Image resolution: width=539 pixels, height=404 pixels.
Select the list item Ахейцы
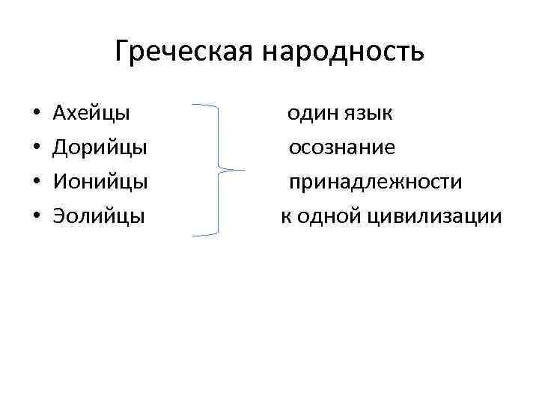pyautogui.click(x=91, y=114)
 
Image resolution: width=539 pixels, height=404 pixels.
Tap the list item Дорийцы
pyautogui.click(x=100, y=148)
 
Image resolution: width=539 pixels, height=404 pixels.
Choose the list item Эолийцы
pyautogui.click(x=99, y=217)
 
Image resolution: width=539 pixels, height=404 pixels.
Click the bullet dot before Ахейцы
pyautogui.click(x=37, y=114)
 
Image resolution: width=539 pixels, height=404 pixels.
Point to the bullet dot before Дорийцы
pyautogui.click(x=37, y=149)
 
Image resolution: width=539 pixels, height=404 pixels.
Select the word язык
pyautogui.click(x=369, y=114)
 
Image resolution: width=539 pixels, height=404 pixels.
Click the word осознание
pyautogui.click(x=343, y=148)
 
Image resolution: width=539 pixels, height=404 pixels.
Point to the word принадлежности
pyautogui.click(x=376, y=183)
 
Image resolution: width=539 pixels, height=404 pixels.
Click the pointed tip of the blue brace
pyautogui.click(x=243, y=170)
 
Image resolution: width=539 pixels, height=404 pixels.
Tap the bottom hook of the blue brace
pyautogui.click(x=196, y=236)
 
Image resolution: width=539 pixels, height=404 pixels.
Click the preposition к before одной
pyautogui.click(x=285, y=217)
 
